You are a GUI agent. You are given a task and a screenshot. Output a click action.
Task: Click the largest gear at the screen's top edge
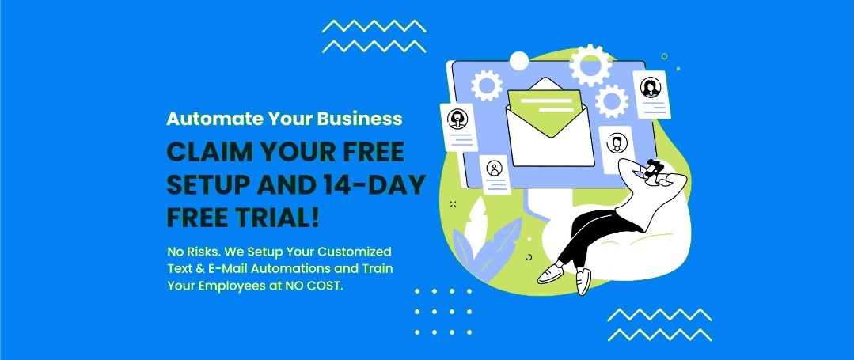(x=590, y=66)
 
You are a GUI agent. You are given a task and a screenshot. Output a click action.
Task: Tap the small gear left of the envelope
(x=487, y=85)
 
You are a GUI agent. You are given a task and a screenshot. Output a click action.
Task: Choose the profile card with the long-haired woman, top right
(x=651, y=94)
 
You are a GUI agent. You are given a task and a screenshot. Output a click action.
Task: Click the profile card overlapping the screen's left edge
(x=458, y=127)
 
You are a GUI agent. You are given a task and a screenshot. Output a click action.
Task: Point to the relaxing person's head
(x=653, y=169)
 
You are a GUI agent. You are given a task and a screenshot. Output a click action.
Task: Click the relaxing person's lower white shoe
(x=583, y=281)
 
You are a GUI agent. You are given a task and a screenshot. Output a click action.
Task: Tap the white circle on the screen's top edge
(x=518, y=61)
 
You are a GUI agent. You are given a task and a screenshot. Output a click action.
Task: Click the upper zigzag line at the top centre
(x=374, y=26)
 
